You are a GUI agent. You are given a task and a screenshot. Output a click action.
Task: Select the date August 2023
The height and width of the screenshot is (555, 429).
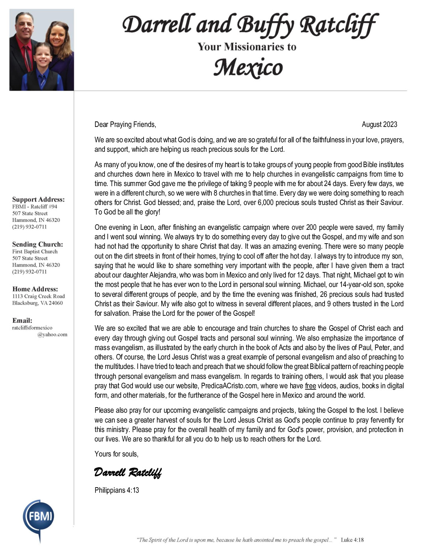[x=379, y=125]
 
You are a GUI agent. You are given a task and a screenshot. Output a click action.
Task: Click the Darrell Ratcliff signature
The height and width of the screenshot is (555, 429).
[x=128, y=472]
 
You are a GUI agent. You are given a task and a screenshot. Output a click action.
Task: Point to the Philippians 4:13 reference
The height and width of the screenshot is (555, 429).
[x=117, y=490]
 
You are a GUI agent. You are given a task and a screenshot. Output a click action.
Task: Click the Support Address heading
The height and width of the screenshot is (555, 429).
[x=38, y=199]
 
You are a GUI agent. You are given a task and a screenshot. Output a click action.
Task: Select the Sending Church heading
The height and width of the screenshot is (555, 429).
[x=37, y=244]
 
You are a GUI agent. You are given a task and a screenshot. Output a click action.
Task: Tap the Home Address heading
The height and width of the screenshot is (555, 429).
[x=35, y=289]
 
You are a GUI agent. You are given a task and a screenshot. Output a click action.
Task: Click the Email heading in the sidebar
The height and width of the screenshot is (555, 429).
[x=22, y=320]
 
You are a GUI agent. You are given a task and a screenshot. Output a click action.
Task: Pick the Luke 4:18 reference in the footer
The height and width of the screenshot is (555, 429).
[x=352, y=540]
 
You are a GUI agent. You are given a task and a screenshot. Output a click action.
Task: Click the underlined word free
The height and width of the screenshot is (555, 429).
[x=310, y=386]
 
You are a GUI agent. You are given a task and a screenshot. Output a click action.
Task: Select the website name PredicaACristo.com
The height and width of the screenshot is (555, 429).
[x=229, y=386]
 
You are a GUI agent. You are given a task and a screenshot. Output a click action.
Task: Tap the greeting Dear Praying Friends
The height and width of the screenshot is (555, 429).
[x=125, y=125]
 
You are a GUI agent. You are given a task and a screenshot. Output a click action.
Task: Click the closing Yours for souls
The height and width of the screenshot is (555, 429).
[x=116, y=454]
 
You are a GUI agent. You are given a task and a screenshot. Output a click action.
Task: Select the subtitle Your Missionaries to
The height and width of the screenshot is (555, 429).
[x=247, y=47]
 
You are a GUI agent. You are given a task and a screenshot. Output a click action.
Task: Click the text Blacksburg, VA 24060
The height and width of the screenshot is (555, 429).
[x=37, y=303]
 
